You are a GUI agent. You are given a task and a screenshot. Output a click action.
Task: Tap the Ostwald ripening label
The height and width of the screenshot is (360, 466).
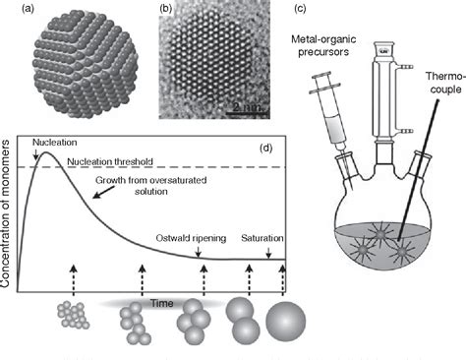[x=192, y=238]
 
